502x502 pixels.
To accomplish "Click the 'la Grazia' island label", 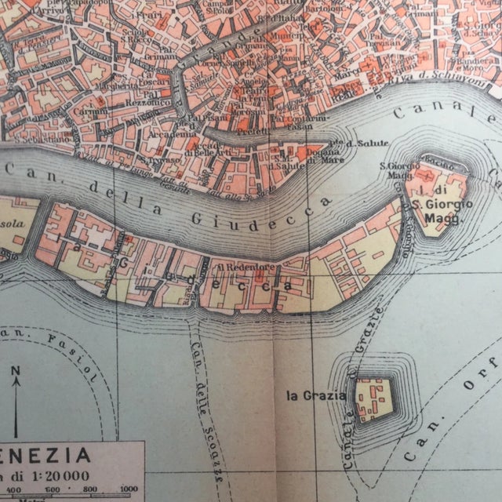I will (x=315, y=395).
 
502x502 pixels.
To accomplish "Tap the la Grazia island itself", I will (x=373, y=399).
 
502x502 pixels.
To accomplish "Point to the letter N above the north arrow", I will (x=16, y=370).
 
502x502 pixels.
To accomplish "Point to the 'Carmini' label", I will (x=78, y=112).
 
